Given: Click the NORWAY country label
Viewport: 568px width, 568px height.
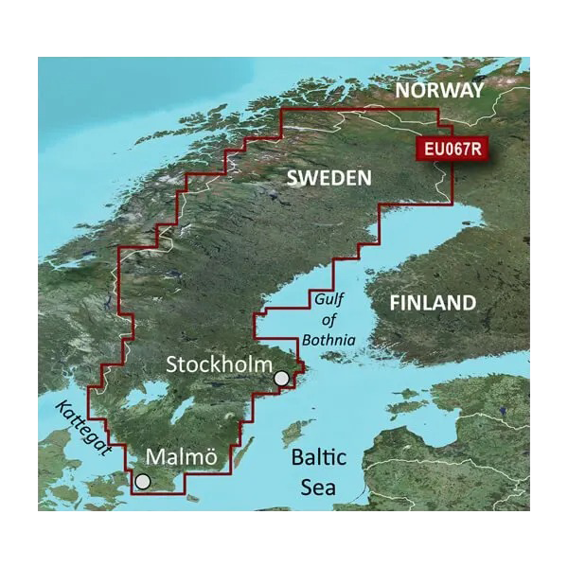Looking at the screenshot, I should pos(439,90).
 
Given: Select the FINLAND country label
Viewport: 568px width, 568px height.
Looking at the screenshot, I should pos(434,303).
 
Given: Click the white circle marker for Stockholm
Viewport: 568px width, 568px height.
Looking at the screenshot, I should pos(281,380).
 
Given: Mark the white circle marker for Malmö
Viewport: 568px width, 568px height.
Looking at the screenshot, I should pos(142,482).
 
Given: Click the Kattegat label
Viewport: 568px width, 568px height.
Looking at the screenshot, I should pos(81,432).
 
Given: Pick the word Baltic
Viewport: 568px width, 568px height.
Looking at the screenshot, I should pos(319,458).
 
